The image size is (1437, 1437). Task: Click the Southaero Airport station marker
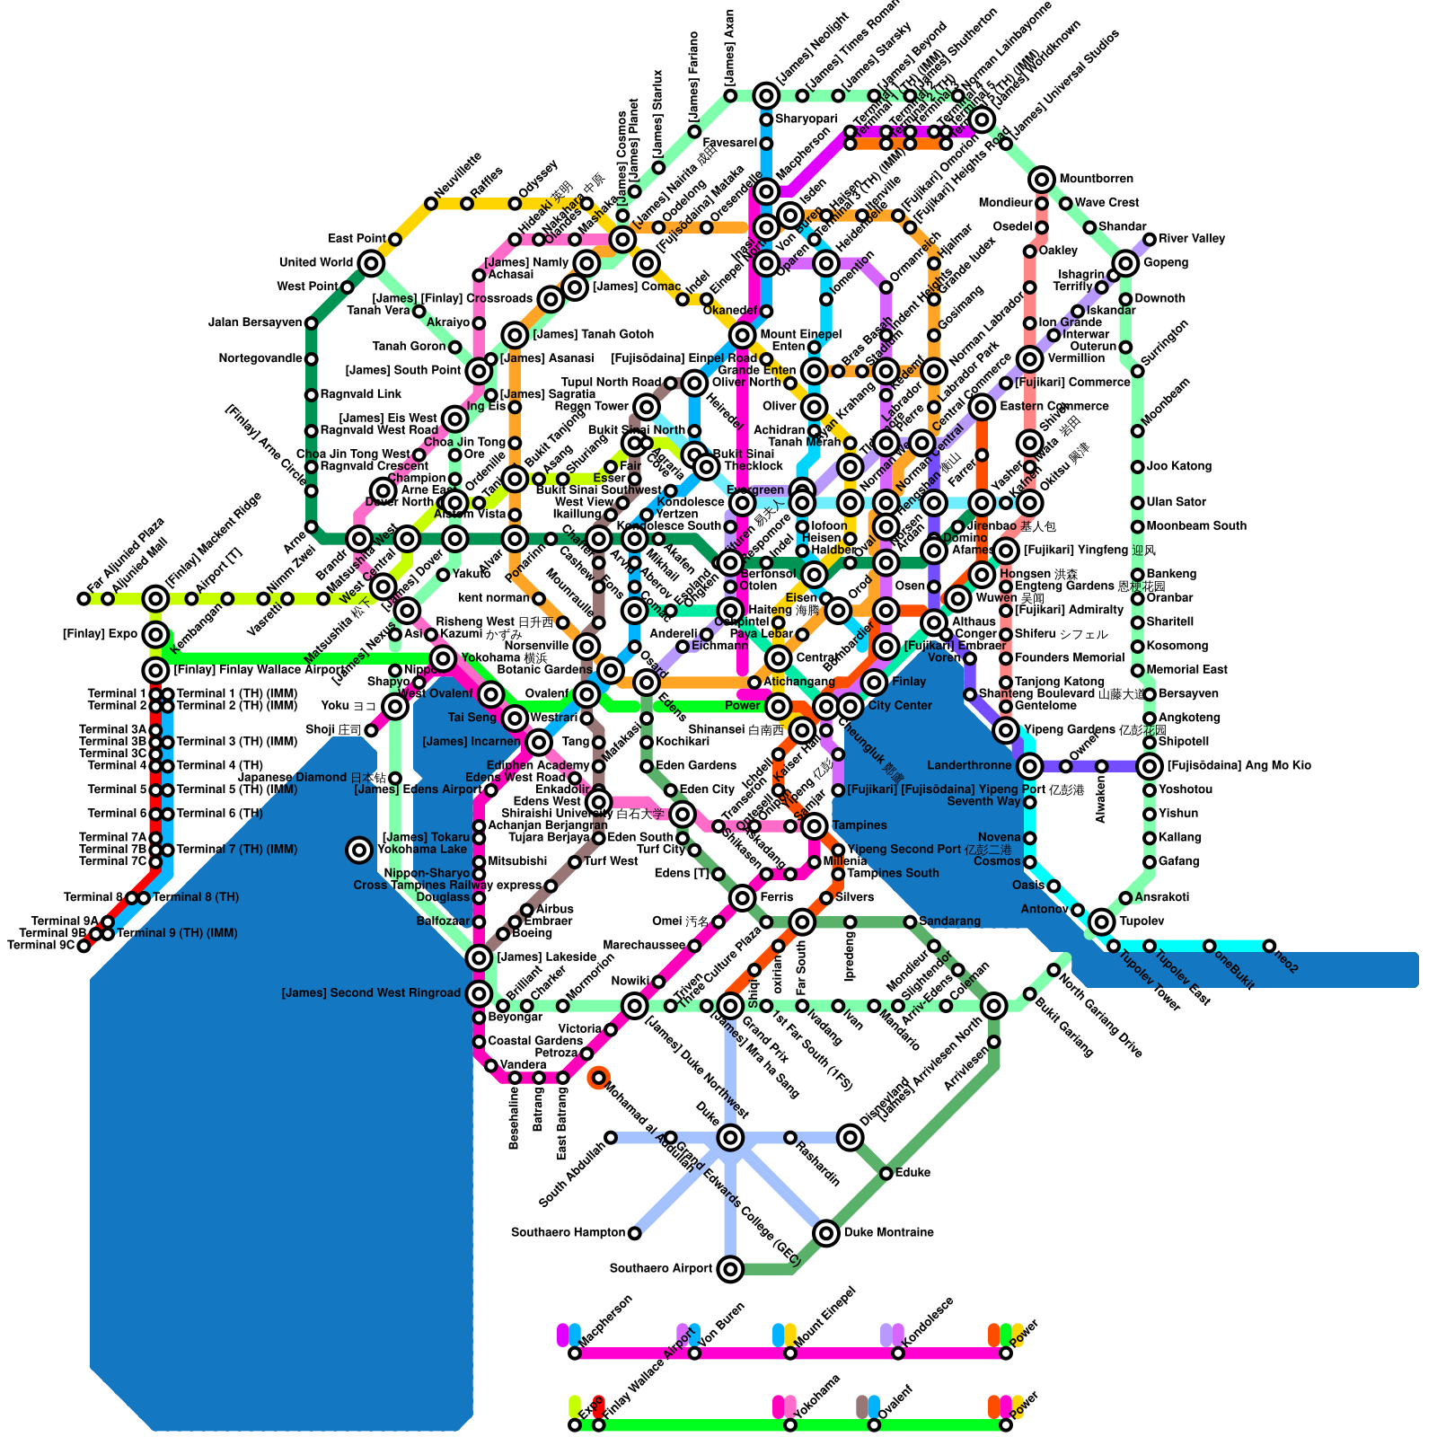[x=730, y=1269]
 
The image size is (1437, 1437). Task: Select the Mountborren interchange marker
[x=1042, y=180]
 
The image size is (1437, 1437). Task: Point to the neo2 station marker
[x=1269, y=946]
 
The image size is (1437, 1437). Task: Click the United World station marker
[x=371, y=263]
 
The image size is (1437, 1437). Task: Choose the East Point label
[x=357, y=239]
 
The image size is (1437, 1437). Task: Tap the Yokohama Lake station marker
[x=359, y=850]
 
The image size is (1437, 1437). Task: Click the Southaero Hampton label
[x=568, y=1232]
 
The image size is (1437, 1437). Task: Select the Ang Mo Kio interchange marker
[x=1150, y=766]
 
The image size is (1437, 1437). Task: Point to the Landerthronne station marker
[x=1030, y=766]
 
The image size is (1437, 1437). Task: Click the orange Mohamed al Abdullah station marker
[x=598, y=1078]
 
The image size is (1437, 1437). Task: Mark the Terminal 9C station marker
[x=84, y=946]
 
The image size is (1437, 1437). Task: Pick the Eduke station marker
[x=886, y=1173]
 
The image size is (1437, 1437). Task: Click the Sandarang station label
[x=949, y=921]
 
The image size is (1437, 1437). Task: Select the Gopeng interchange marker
[x=1125, y=263]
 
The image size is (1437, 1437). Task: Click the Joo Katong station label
[x=1178, y=466]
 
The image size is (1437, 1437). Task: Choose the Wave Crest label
[x=1106, y=203]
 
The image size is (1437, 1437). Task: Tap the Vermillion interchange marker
[x=1030, y=359]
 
